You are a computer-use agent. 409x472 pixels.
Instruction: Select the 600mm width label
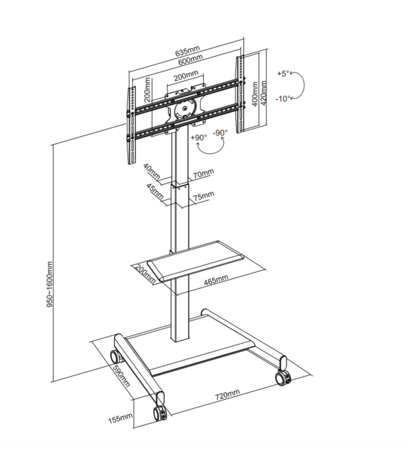point(189,60)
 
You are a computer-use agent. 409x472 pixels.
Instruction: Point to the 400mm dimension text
point(255,94)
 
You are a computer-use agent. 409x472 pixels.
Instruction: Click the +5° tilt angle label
point(283,74)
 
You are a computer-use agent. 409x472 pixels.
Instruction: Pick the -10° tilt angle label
point(284,99)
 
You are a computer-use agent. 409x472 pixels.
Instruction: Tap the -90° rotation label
point(220,133)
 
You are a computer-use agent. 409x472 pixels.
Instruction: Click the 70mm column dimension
point(203,172)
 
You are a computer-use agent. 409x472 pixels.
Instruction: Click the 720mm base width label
point(227,395)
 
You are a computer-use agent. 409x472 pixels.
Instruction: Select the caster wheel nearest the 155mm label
point(159,413)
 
